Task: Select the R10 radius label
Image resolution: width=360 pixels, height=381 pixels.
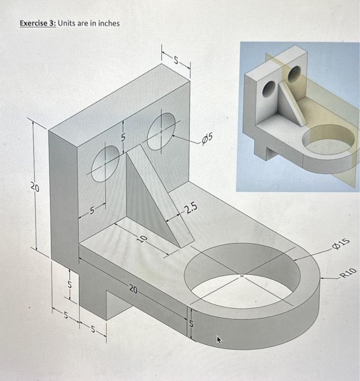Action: (347, 273)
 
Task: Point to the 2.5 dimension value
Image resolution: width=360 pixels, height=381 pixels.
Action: (192, 209)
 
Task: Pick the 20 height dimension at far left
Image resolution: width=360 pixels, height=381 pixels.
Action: (34, 188)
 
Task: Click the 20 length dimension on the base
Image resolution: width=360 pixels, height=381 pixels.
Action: (133, 289)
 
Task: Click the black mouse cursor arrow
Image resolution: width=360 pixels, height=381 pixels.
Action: (219, 341)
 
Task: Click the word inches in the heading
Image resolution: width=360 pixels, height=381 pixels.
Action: (107, 23)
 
